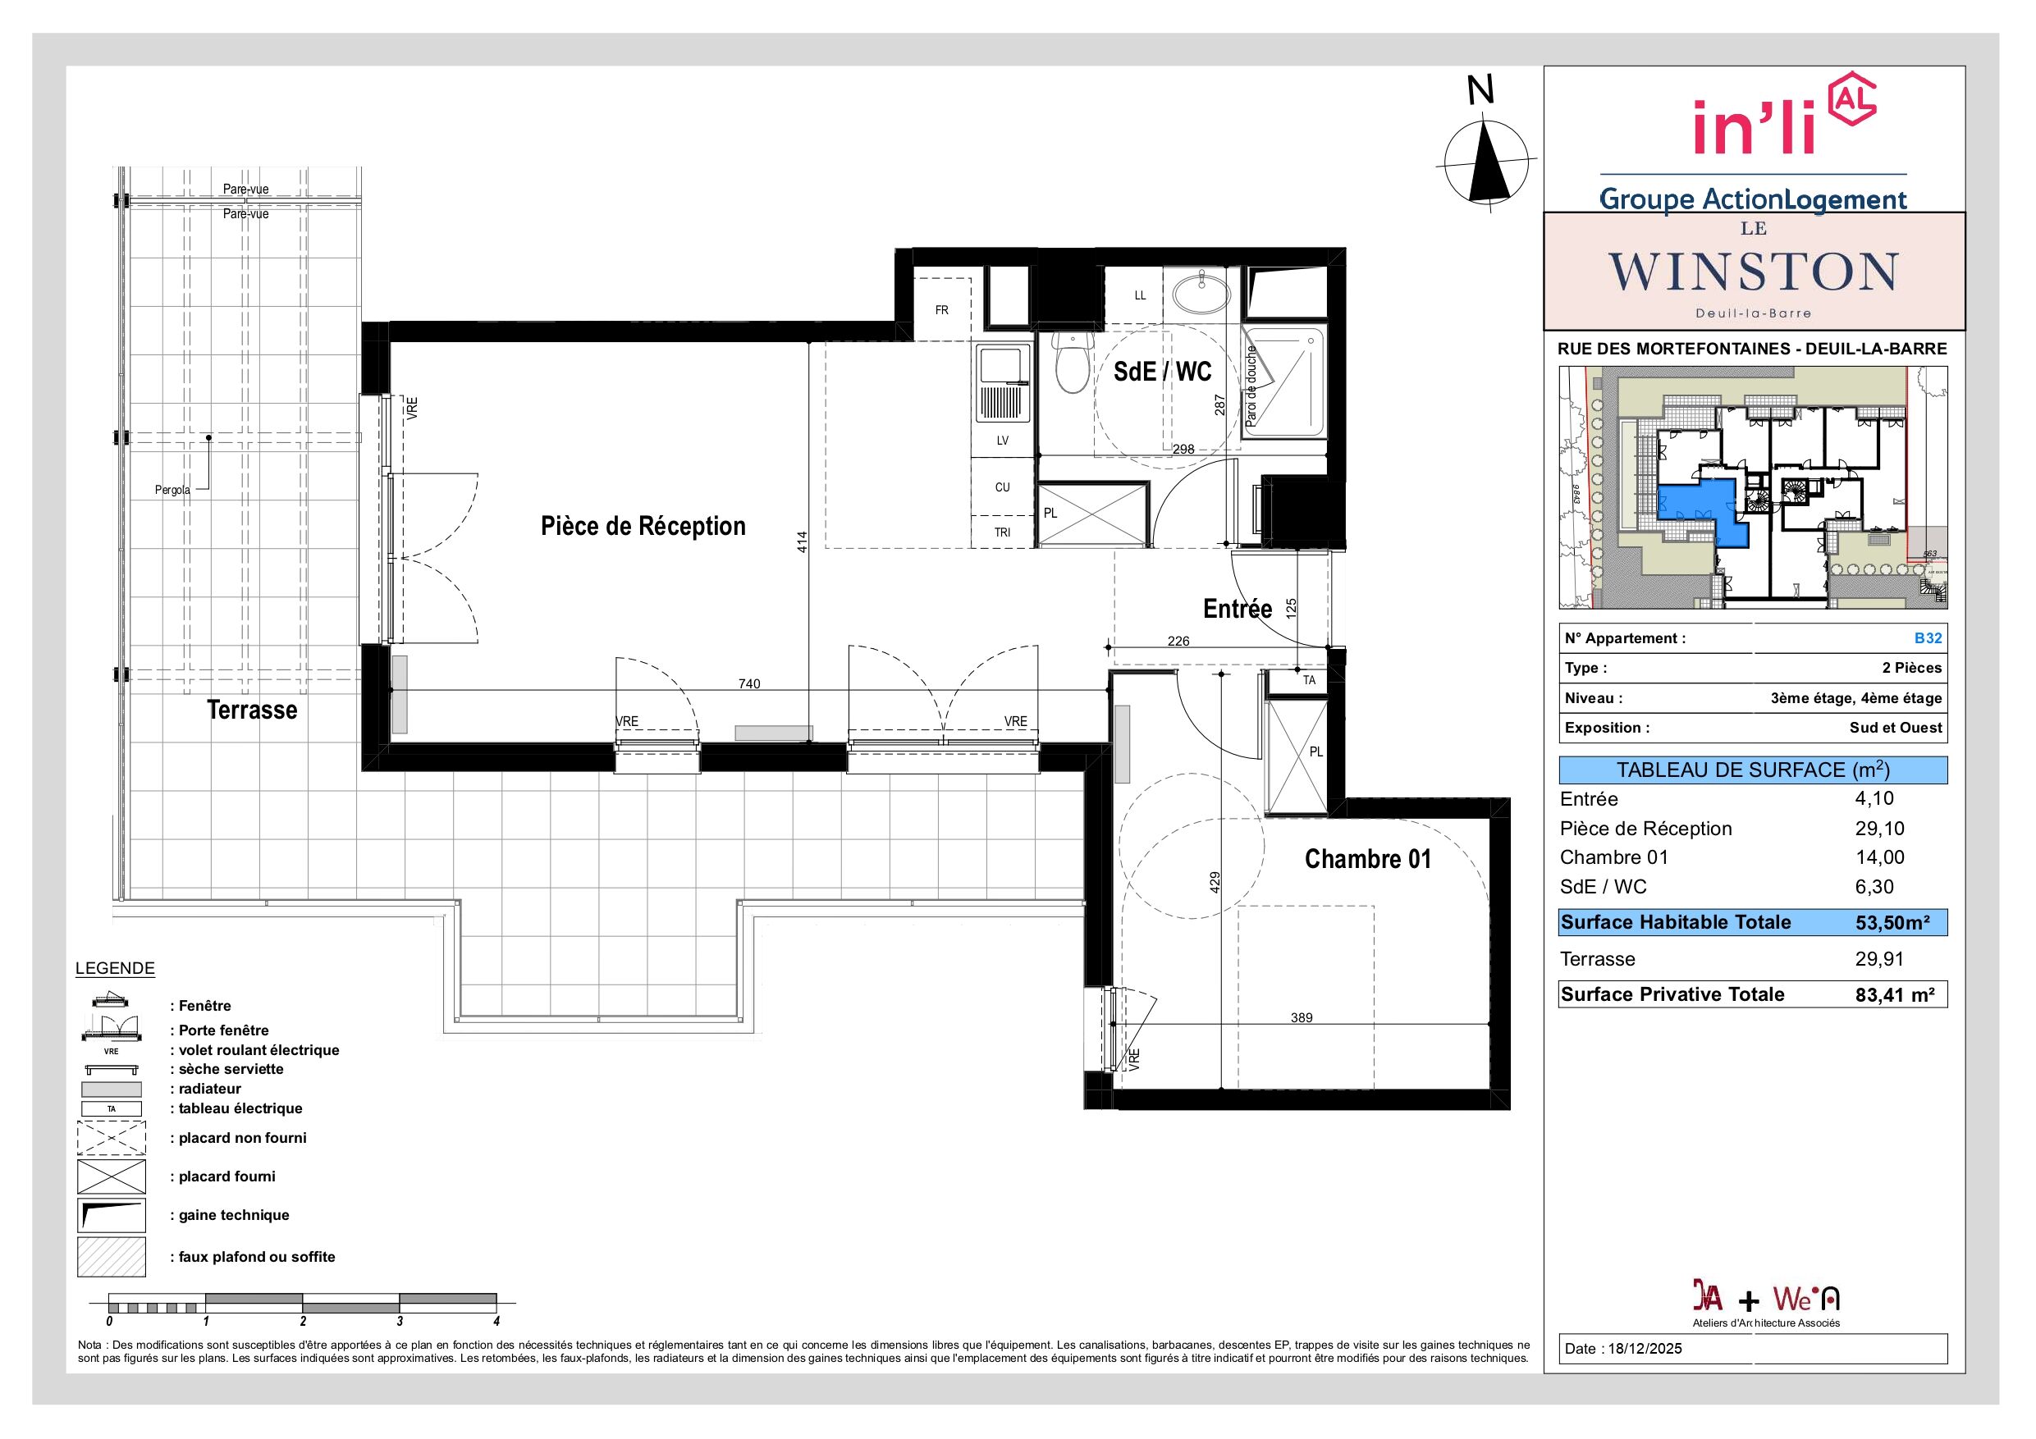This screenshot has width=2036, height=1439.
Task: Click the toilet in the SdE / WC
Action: (x=1072, y=363)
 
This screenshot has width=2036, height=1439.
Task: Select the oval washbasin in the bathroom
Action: (x=1201, y=292)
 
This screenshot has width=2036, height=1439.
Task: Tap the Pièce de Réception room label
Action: (x=643, y=526)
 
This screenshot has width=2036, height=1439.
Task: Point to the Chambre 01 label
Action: (x=1367, y=858)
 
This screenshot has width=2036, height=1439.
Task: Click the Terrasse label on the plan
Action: (x=252, y=710)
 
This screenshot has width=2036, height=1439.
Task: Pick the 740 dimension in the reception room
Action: (x=749, y=683)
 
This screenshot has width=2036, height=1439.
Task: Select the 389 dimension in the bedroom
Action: (x=1301, y=1018)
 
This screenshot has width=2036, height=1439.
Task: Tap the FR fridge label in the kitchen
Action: (x=942, y=310)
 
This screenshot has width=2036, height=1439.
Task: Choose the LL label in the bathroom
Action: (x=1141, y=295)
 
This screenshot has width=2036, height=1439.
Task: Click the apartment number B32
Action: (x=1928, y=638)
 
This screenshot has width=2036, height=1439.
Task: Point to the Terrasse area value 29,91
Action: (x=1880, y=958)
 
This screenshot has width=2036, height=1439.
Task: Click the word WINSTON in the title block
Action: (x=1754, y=272)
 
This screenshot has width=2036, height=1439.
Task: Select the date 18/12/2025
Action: (x=1647, y=1349)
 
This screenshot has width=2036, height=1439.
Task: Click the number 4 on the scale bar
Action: (x=496, y=1321)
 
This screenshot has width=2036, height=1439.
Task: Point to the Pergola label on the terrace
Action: (x=172, y=491)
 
